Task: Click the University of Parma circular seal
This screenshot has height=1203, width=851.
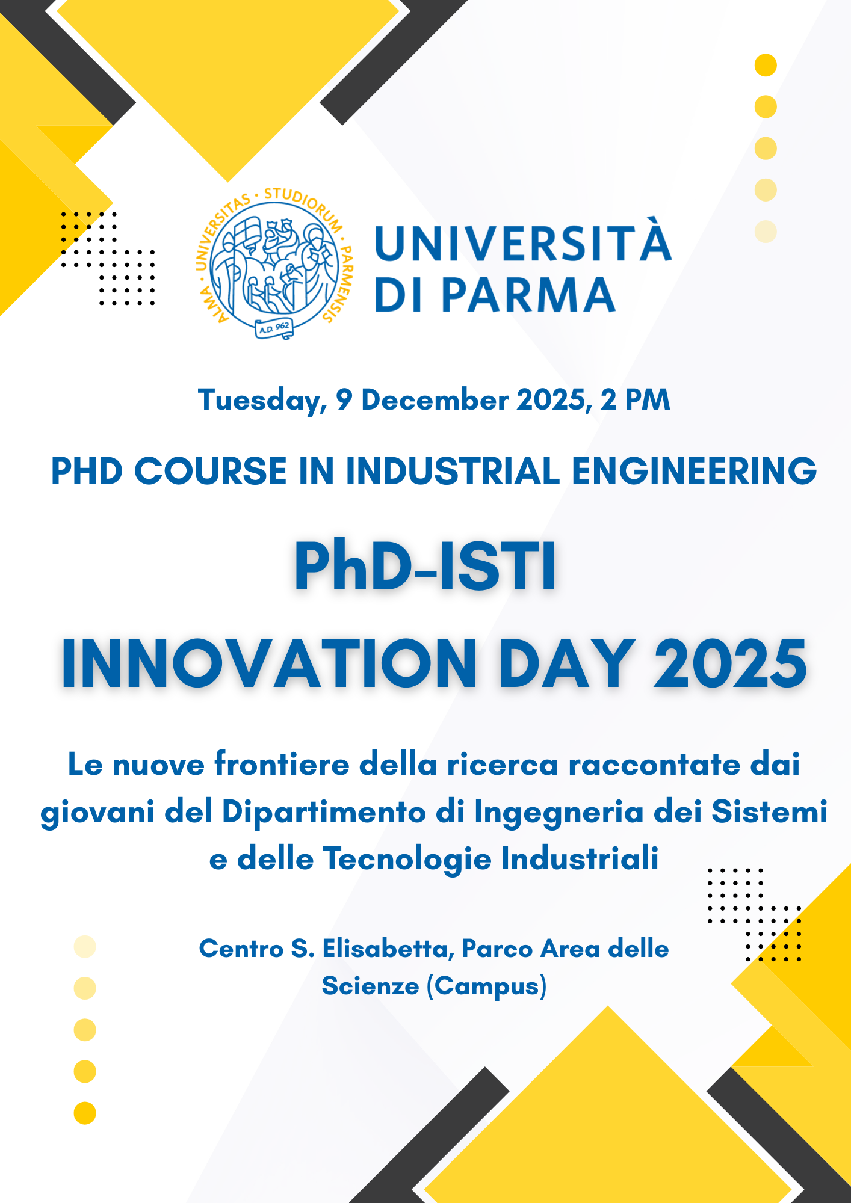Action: [x=275, y=263]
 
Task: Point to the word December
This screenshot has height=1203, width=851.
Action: [x=435, y=399]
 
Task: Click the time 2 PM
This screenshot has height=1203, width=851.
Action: [x=636, y=399]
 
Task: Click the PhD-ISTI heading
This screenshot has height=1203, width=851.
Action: [x=425, y=567]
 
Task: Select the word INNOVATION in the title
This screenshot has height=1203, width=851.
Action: [x=269, y=663]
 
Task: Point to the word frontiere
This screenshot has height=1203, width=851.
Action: [x=282, y=765]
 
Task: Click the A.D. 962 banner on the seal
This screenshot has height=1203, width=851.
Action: [x=274, y=328]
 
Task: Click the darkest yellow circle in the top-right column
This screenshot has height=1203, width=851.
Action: [x=766, y=65]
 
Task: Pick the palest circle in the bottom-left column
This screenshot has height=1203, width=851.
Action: [x=85, y=947]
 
